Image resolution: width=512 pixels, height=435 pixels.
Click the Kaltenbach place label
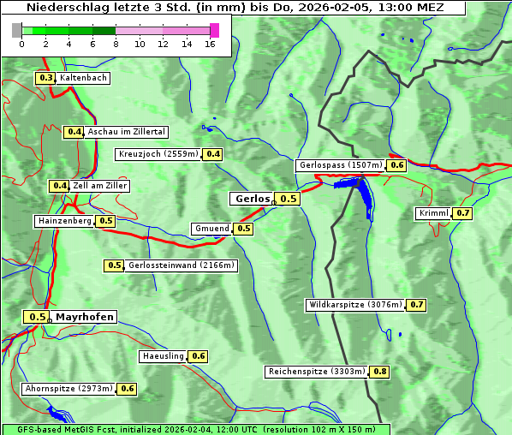[83, 78]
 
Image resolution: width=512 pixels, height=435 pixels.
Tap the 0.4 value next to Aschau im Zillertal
[74, 132]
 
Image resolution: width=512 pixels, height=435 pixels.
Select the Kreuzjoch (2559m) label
[158, 154]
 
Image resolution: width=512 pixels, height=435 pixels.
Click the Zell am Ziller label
[99, 186]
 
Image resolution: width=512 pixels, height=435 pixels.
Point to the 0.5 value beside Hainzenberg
[105, 221]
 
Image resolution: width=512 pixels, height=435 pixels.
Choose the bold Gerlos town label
[252, 199]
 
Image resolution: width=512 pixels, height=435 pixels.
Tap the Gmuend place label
[211, 229]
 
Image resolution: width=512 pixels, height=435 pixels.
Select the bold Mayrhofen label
[84, 317]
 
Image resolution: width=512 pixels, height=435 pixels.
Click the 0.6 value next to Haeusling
[198, 356]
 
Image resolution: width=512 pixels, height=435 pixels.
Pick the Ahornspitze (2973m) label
[68, 389]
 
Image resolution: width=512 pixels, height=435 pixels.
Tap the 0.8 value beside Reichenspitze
[379, 372]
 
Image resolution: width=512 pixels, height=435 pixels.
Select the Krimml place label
[433, 213]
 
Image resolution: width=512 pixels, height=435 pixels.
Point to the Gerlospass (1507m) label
[340, 165]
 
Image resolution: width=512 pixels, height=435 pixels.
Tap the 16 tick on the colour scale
[210, 44]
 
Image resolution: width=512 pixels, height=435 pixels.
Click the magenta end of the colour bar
[214, 30]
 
